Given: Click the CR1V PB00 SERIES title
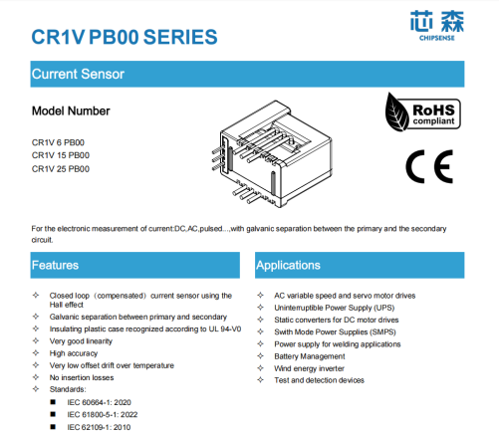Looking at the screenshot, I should (x=124, y=38).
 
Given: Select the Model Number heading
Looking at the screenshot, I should (x=70, y=111).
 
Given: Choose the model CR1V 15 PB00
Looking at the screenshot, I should (x=60, y=155).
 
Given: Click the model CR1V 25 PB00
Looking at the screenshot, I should (x=60, y=168).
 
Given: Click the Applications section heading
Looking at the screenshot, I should (x=288, y=266).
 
